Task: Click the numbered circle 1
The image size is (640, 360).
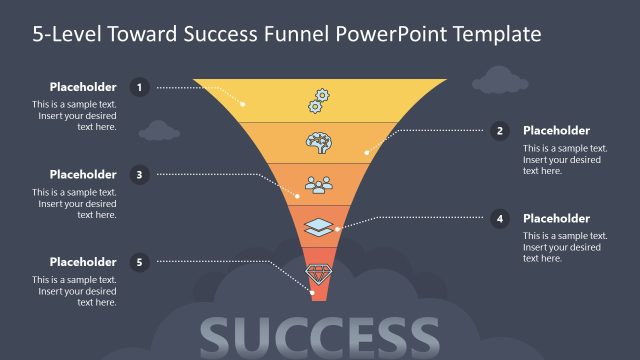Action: pyautogui.click(x=140, y=87)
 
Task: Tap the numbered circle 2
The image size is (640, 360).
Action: pyautogui.click(x=500, y=130)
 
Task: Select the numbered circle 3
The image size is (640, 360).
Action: pyautogui.click(x=140, y=174)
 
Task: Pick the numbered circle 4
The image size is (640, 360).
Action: pyautogui.click(x=500, y=218)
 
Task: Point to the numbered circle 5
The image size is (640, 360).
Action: pyautogui.click(x=140, y=262)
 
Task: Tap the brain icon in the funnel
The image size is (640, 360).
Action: pyautogui.click(x=320, y=142)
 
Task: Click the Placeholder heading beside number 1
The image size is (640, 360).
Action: pyautogui.click(x=83, y=87)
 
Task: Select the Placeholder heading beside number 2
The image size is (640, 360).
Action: pyautogui.click(x=556, y=130)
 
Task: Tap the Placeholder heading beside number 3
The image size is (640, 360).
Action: pyautogui.click(x=83, y=174)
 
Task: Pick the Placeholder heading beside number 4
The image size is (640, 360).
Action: pyautogui.click(x=556, y=218)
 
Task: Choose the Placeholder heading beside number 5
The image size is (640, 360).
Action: pyautogui.click(x=83, y=262)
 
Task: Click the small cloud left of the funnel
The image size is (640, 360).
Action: pyautogui.click(x=159, y=130)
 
